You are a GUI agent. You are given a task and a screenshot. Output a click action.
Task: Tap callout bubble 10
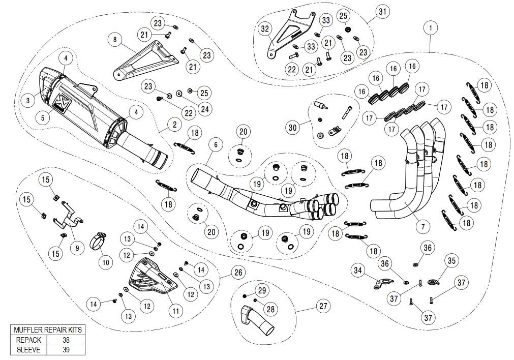(x=106, y=262)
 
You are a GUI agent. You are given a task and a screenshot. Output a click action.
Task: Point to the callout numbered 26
(x=237, y=273)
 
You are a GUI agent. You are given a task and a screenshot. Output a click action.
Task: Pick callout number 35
(x=450, y=261)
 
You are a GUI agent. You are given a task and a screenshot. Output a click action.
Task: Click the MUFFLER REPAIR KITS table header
(x=48, y=330)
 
